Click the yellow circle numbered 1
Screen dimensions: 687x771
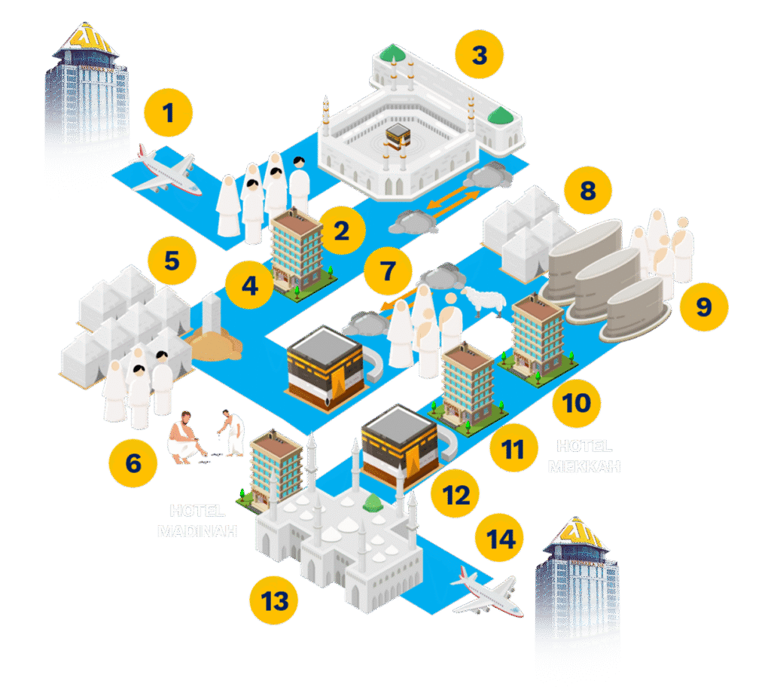(x=169, y=114)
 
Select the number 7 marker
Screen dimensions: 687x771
(x=388, y=270)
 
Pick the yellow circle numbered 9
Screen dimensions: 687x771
(x=703, y=307)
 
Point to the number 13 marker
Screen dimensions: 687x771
(x=275, y=601)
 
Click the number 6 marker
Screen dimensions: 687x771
(x=133, y=462)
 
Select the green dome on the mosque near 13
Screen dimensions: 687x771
(x=370, y=503)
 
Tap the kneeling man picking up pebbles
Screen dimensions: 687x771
(x=183, y=440)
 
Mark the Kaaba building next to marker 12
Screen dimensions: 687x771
(x=399, y=445)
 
